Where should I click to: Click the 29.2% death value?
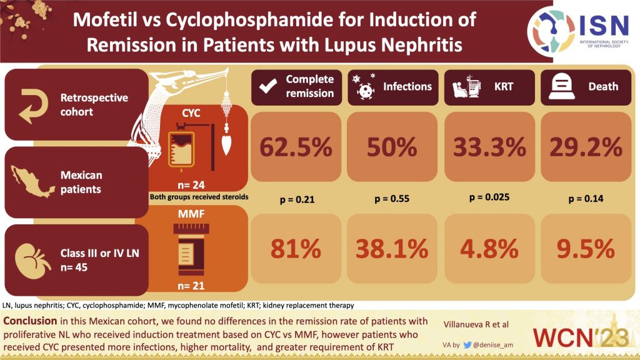pos(586,148)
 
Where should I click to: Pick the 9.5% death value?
pos(586,249)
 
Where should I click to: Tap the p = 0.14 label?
pos(586,199)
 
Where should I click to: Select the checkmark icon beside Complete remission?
pos(267,87)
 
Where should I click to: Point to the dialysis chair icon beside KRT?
pos(461,87)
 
